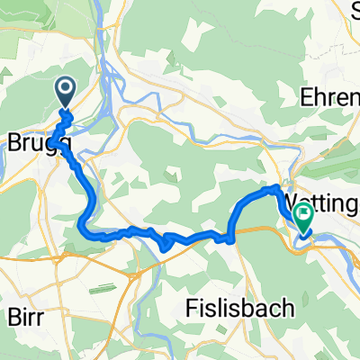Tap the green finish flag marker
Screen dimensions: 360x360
[x=302, y=217]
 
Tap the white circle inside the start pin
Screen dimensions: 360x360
[x=67, y=88]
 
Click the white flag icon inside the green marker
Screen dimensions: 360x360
[x=302, y=214]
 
